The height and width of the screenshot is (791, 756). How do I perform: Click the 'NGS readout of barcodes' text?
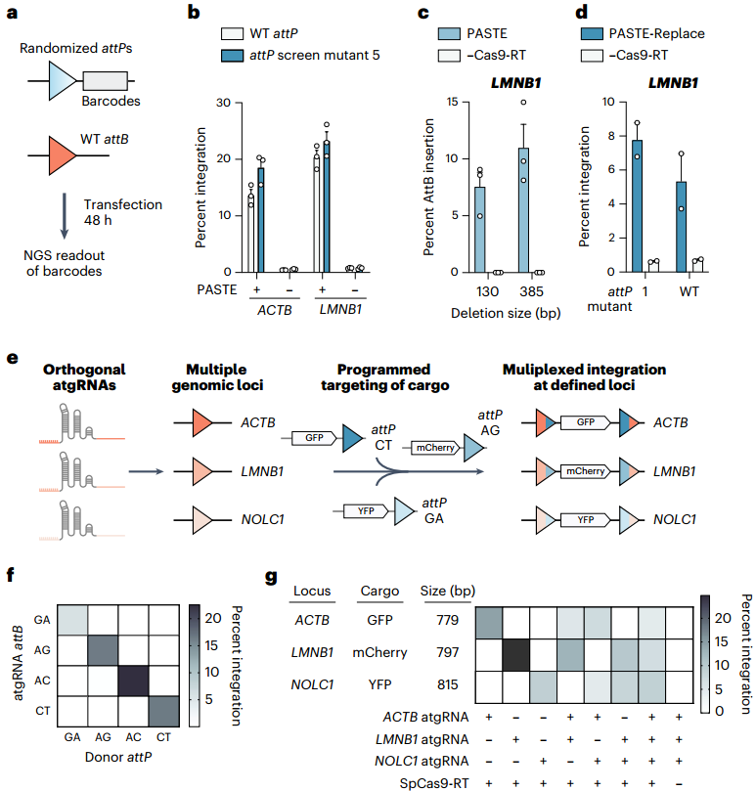(65, 263)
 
